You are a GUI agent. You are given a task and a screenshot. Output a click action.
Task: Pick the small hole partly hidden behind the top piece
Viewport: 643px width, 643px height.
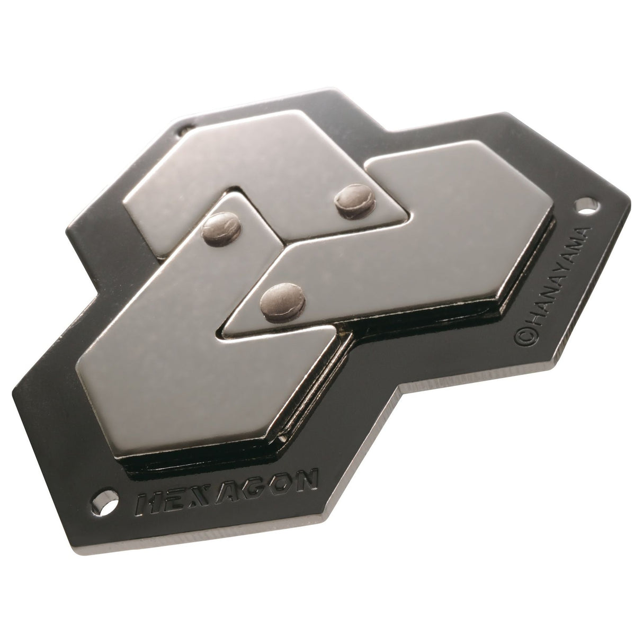(184, 128)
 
